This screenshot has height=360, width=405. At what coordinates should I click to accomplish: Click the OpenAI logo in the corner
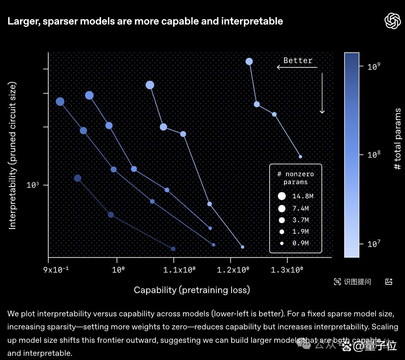(x=393, y=21)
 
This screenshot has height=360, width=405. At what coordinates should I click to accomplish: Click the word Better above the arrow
(x=298, y=61)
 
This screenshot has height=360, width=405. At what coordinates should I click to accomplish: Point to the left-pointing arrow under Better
(x=297, y=67)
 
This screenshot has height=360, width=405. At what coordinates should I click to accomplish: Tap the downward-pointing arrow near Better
(x=322, y=93)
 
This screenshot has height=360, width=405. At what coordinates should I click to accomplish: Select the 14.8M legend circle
(x=282, y=196)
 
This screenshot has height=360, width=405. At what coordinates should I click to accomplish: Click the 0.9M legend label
(x=300, y=243)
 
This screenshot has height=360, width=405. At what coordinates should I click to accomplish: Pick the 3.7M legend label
(x=300, y=220)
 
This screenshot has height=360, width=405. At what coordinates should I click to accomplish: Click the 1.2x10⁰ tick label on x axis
(x=233, y=270)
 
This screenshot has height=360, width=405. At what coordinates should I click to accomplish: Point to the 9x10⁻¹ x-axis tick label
(x=56, y=270)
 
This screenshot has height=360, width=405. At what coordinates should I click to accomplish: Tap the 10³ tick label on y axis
(x=33, y=185)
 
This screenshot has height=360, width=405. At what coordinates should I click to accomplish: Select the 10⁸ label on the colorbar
(x=374, y=155)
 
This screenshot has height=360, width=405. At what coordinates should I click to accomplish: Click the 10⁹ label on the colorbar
(x=374, y=66)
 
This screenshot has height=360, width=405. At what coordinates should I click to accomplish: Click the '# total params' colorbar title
(x=397, y=139)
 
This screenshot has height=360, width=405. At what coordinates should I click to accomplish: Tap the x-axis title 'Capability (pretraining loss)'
(x=192, y=290)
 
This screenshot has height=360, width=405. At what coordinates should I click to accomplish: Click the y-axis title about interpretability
(x=12, y=155)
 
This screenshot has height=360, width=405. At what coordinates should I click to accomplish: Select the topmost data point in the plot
(x=249, y=62)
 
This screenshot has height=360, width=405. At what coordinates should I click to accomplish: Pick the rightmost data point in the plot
(x=300, y=157)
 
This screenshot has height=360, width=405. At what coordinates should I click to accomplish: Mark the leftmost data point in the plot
(x=60, y=101)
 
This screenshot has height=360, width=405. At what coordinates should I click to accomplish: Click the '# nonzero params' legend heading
(x=296, y=178)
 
